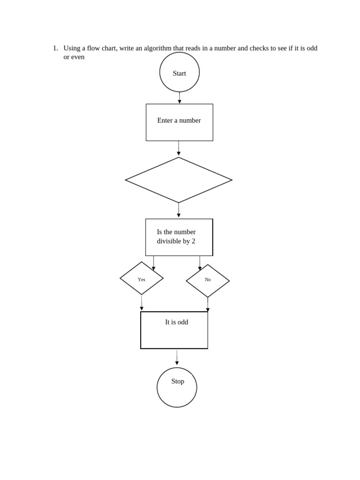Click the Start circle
pyautogui.click(x=180, y=72)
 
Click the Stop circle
pyautogui.click(x=177, y=387)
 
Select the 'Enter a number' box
pyautogui.click(x=180, y=122)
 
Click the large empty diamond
pyautogui.click(x=179, y=180)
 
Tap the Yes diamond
pyautogui.click(x=142, y=278)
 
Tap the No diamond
pyautogui.click(x=208, y=281)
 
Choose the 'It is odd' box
pyautogui.click(x=174, y=330)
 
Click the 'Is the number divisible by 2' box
pyautogui.click(x=179, y=237)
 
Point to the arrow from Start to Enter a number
pyautogui.click(x=180, y=97)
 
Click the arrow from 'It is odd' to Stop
pyautogui.click(x=177, y=357)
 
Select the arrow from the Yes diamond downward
pyautogui.click(x=142, y=302)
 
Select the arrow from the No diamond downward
pyautogui.click(x=208, y=304)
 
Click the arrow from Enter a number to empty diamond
pyautogui.click(x=179, y=148)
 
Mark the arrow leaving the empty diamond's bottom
pyautogui.click(x=179, y=210)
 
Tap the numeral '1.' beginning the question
pyautogui.click(x=55, y=48)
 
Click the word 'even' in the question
pyautogui.click(x=78, y=57)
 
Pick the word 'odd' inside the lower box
pyautogui.click(x=182, y=322)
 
